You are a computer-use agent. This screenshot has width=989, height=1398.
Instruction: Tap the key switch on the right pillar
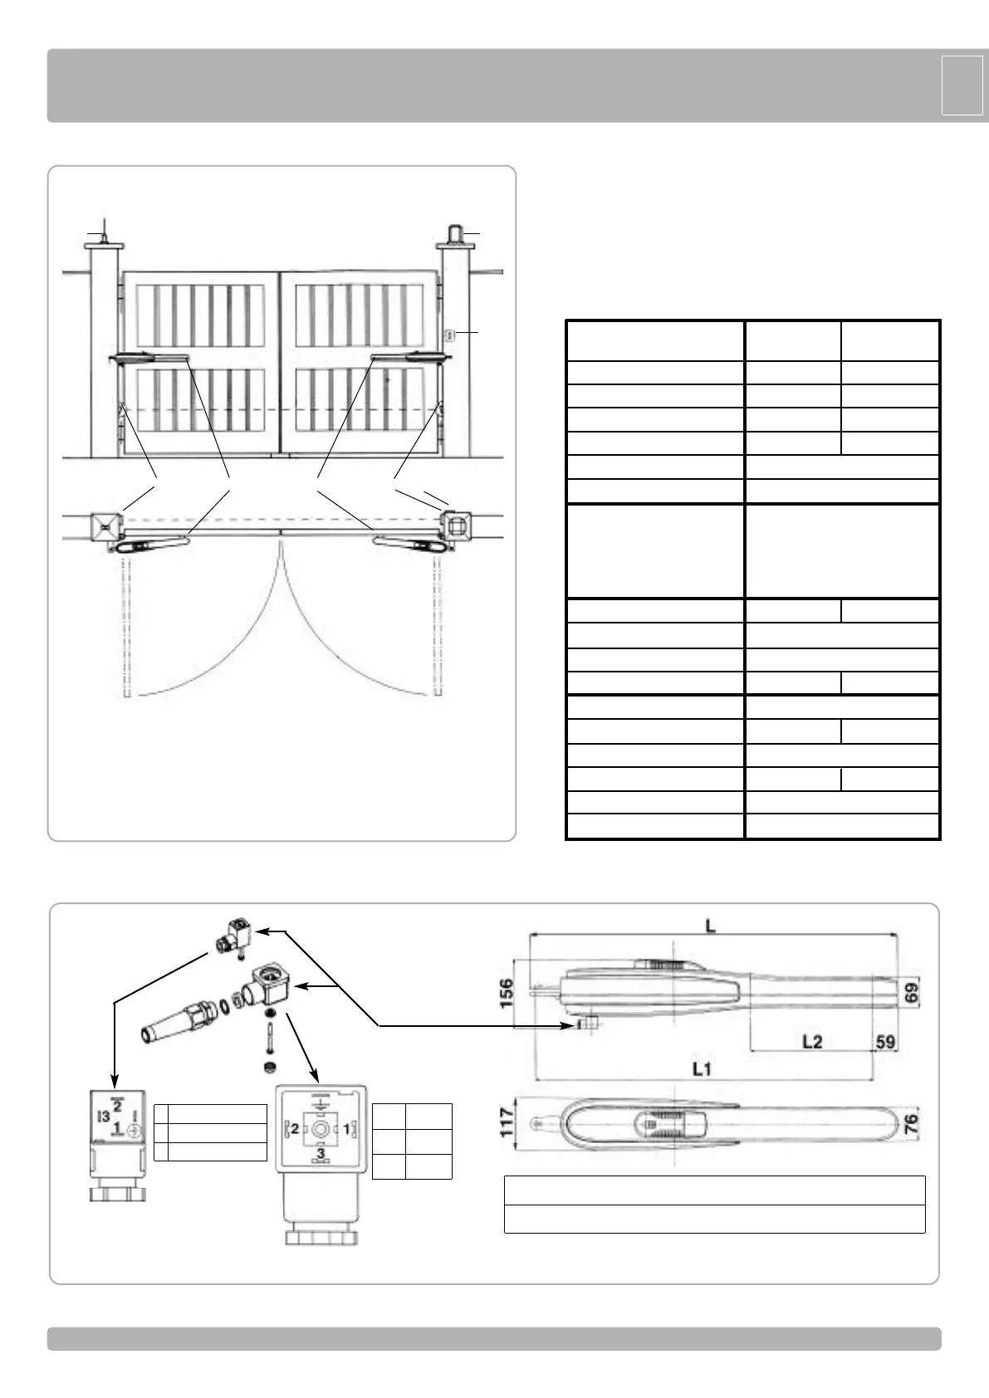pos(449,335)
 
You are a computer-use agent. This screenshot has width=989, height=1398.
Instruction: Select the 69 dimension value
pos(911,993)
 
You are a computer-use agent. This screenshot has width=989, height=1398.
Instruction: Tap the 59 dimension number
pos(885,1041)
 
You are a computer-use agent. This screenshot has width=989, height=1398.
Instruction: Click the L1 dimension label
pos(702,1068)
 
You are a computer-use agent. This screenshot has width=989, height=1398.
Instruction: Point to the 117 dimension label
pos(506,1125)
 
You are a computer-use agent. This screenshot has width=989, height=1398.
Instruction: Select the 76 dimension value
pos(911,1125)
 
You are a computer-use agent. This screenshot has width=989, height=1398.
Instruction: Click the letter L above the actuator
pos(711,925)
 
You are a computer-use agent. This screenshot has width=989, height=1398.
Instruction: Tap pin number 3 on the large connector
pos(321,1154)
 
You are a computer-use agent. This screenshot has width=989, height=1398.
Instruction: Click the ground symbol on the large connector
pos(321,1101)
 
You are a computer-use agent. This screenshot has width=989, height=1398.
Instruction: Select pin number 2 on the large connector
pos(293,1129)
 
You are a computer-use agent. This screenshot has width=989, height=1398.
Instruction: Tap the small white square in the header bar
pos(962,85)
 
